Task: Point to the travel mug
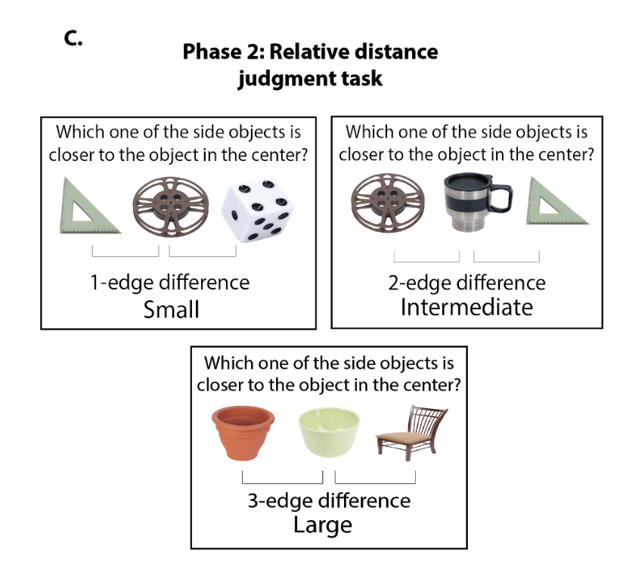(x=470, y=203)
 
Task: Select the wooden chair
(x=414, y=430)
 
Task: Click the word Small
(x=172, y=309)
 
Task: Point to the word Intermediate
(x=467, y=307)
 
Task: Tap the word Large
(x=323, y=524)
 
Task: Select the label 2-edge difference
(x=467, y=283)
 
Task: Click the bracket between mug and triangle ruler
(x=506, y=258)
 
